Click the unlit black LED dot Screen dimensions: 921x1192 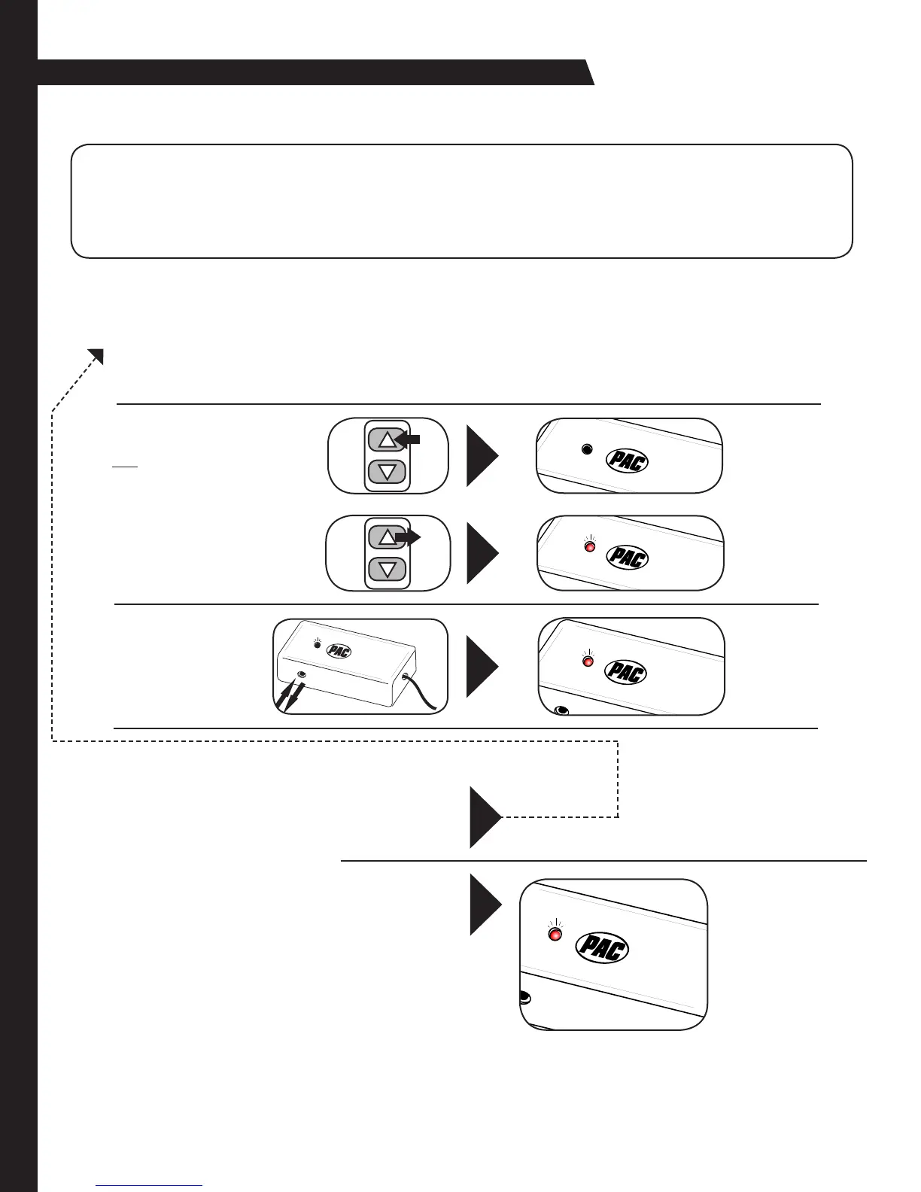coord(588,449)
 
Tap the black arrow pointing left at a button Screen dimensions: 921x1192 coord(407,440)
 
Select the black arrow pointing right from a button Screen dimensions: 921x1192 coord(409,537)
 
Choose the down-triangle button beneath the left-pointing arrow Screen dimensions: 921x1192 coord(388,472)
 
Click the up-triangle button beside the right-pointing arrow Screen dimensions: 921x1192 coord(385,537)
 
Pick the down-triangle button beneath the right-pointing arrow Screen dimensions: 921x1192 coord(388,569)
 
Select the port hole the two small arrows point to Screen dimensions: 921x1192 coord(301,675)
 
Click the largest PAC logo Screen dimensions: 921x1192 coord(602,947)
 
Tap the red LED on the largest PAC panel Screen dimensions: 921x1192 coord(555,935)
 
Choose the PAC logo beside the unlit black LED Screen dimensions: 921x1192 coord(627,461)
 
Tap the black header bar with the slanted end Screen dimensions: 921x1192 coord(316,72)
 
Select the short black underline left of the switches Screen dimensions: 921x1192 coord(124,467)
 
